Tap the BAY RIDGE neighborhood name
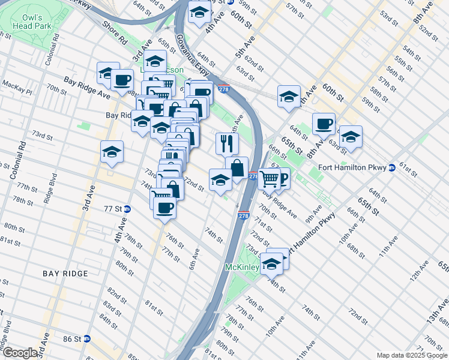pyautogui.click(x=65, y=274)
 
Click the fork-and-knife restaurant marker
pyautogui.click(x=227, y=143)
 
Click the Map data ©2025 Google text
pyautogui.click(x=412, y=355)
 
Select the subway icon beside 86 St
pyautogui.click(x=87, y=338)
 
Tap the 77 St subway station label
pyautogui.click(x=113, y=209)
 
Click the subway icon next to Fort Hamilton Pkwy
pyautogui.click(x=391, y=167)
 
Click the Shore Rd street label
pyautogui.click(x=115, y=34)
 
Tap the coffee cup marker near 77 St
pyautogui.click(x=164, y=208)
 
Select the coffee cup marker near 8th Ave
pyautogui.click(x=324, y=124)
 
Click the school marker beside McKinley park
pyautogui.click(x=272, y=263)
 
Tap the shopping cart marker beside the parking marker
pyautogui.click(x=269, y=178)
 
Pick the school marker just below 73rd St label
pyautogui.click(x=112, y=153)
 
